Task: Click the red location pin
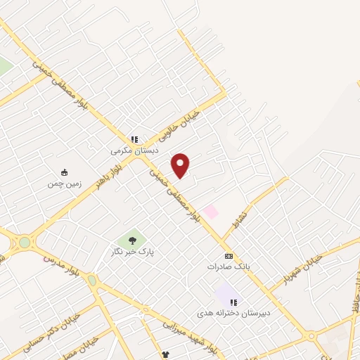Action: [181, 166]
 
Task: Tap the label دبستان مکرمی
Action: [135, 150]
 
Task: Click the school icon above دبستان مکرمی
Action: [134, 139]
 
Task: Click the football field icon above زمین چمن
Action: [64, 173]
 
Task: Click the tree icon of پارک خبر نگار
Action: [132, 240]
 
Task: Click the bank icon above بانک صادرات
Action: [228, 257]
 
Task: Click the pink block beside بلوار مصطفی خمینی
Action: [210, 210]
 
